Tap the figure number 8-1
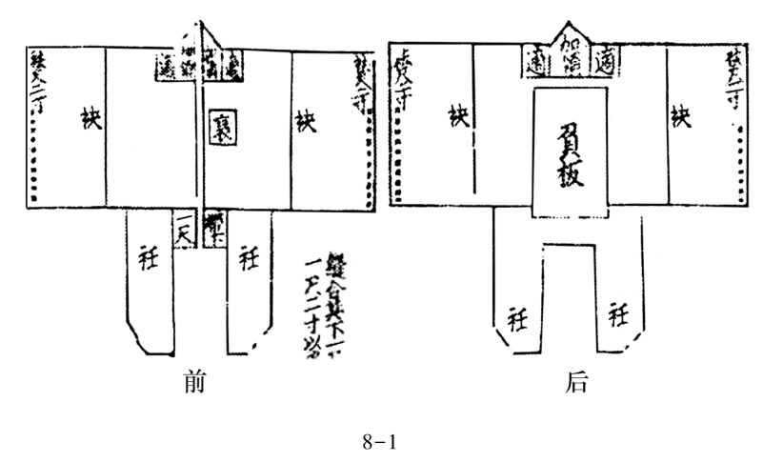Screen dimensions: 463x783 click(378, 441)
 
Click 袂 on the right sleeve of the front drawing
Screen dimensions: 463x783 click(304, 120)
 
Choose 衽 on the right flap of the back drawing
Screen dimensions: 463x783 click(617, 313)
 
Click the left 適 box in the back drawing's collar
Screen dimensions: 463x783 click(535, 63)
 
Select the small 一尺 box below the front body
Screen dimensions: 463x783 click(185, 229)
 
